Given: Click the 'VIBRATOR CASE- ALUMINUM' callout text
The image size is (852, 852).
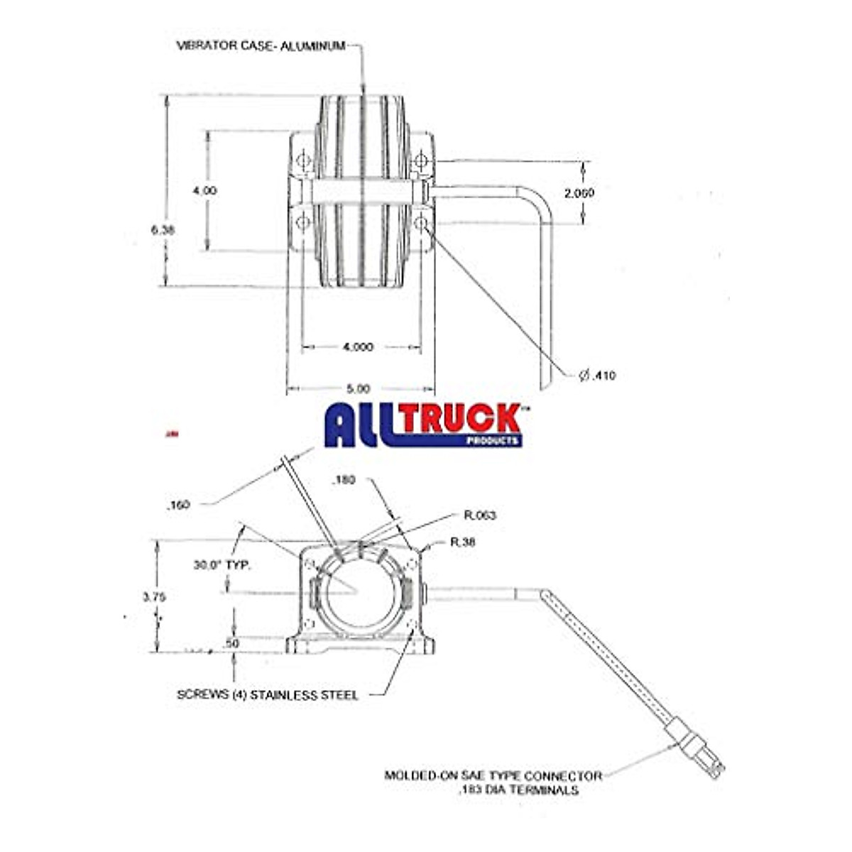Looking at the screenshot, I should [261, 46].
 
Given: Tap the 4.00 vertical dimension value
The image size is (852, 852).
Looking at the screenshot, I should [206, 190].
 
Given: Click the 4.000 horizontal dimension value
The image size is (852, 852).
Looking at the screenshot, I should [358, 347].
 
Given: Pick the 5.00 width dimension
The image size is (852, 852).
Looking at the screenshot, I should [359, 388].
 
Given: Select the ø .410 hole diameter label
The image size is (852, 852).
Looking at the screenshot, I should [597, 376].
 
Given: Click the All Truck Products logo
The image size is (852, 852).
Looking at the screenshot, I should [423, 425].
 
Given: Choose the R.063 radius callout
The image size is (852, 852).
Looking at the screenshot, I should [479, 515].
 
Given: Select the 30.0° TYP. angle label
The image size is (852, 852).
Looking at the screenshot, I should [222, 566].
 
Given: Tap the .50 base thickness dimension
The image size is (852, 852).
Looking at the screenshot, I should [232, 643].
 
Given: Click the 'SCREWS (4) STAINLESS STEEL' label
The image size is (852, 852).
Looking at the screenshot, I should [267, 695].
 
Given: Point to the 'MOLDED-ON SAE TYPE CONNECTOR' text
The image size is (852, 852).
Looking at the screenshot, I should [493, 776].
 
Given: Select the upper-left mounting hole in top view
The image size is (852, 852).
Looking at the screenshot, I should [303, 160].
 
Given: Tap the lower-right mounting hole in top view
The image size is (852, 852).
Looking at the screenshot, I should [421, 223].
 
